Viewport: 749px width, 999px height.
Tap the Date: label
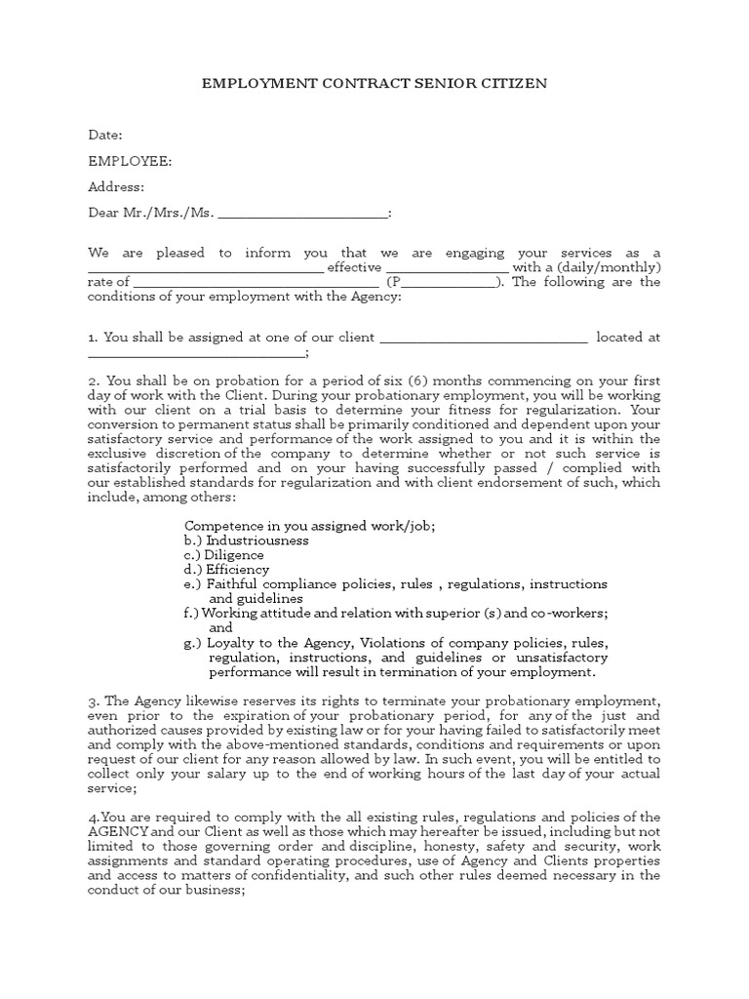(x=105, y=135)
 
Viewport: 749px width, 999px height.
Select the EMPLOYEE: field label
(x=130, y=161)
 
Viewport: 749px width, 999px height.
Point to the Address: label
(x=116, y=187)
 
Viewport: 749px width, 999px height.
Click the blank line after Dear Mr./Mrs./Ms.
(x=302, y=213)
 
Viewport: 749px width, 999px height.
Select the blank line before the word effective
(x=205, y=267)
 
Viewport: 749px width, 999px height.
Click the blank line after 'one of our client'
(x=482, y=338)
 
